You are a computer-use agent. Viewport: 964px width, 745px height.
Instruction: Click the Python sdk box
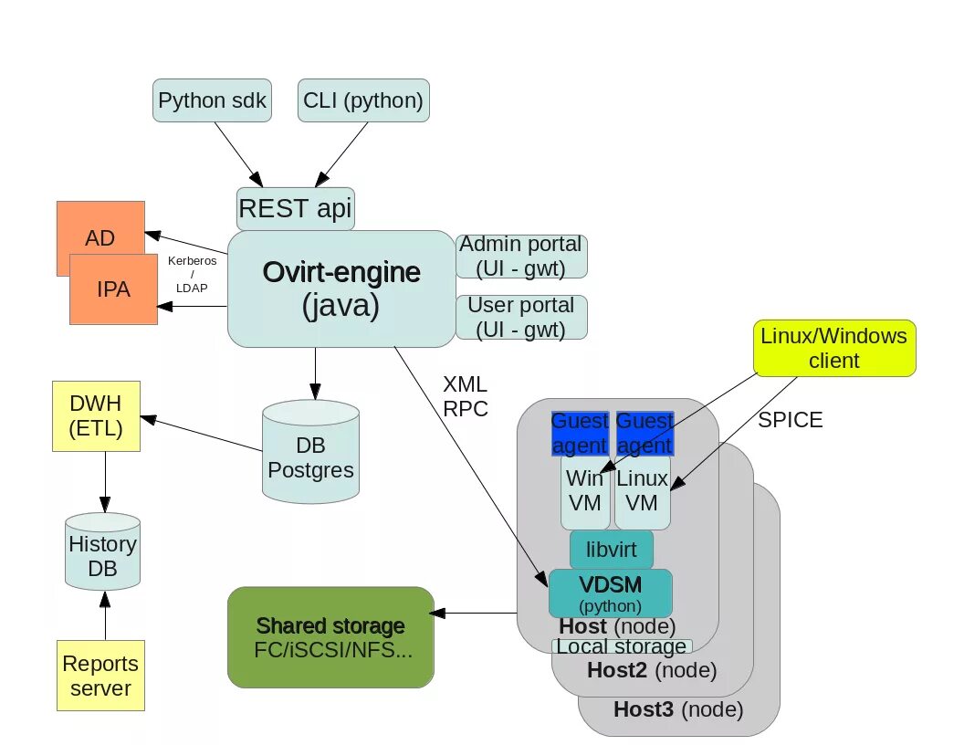(212, 100)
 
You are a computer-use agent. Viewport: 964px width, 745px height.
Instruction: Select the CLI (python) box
(363, 100)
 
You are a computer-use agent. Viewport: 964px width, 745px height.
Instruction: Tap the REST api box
(295, 209)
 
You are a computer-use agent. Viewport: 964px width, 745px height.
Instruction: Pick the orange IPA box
(113, 289)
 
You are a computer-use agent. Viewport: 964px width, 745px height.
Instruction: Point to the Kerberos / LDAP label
(193, 274)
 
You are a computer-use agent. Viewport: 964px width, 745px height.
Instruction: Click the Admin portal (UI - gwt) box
(521, 257)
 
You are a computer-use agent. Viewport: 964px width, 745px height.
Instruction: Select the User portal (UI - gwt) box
(521, 317)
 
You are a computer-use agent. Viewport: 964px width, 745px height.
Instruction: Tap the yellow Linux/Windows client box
(834, 348)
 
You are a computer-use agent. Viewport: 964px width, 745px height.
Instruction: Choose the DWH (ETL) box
(96, 415)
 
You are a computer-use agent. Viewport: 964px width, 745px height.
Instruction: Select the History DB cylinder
(103, 554)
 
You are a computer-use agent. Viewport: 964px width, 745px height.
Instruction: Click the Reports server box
(100, 676)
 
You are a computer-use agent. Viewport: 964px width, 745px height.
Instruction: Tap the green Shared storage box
(330, 637)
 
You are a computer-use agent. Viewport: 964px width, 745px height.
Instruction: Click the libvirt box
(611, 551)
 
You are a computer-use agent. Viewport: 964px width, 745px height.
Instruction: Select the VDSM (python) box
(610, 593)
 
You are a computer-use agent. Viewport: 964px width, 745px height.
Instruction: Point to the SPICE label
(791, 420)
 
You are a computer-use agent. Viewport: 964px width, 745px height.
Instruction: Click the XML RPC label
(465, 395)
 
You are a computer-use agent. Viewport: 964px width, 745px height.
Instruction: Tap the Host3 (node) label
(678, 709)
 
